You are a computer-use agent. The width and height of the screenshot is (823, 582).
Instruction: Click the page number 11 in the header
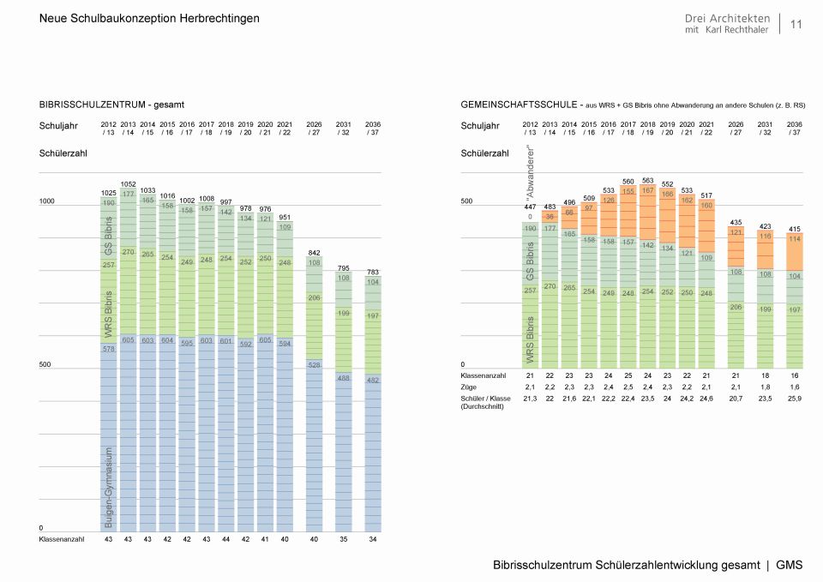796,24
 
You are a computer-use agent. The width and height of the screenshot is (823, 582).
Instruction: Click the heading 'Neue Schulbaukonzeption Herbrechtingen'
149,18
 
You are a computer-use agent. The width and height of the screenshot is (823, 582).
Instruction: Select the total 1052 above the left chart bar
129,184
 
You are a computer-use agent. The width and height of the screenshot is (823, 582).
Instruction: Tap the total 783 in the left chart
372,272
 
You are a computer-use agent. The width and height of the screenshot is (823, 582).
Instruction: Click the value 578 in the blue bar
109,349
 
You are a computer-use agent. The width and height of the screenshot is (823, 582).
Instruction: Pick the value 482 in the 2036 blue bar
372,380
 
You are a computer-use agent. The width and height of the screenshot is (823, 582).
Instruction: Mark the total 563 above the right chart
647,181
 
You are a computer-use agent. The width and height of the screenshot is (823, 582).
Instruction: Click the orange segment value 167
647,190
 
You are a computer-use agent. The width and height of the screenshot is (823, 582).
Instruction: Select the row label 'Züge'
470,387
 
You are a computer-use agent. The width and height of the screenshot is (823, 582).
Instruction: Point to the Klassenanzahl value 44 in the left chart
225,539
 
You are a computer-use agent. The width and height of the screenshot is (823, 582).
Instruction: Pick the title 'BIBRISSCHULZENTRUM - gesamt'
111,104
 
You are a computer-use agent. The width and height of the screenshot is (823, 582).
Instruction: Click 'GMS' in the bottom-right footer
789,565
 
